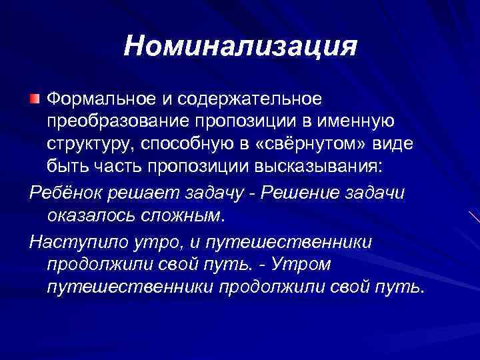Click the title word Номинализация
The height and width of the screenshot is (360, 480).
tap(240, 47)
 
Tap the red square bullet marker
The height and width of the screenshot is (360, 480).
tap(35, 99)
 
